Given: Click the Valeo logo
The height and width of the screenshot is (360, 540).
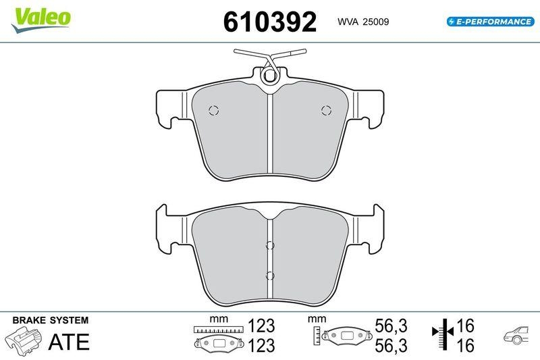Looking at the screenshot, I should (x=39, y=16).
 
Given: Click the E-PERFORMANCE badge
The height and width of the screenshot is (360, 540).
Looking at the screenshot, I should (x=491, y=22).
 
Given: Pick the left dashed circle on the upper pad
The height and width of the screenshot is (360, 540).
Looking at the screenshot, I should (x=213, y=111).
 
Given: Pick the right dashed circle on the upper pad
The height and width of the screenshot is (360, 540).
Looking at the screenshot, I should (x=326, y=111).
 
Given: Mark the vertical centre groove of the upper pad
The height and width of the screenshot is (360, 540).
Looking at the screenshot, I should (x=270, y=135).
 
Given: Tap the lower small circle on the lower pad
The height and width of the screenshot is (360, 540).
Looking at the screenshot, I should (x=270, y=275).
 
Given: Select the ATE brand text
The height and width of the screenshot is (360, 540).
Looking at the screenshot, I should (x=69, y=342).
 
